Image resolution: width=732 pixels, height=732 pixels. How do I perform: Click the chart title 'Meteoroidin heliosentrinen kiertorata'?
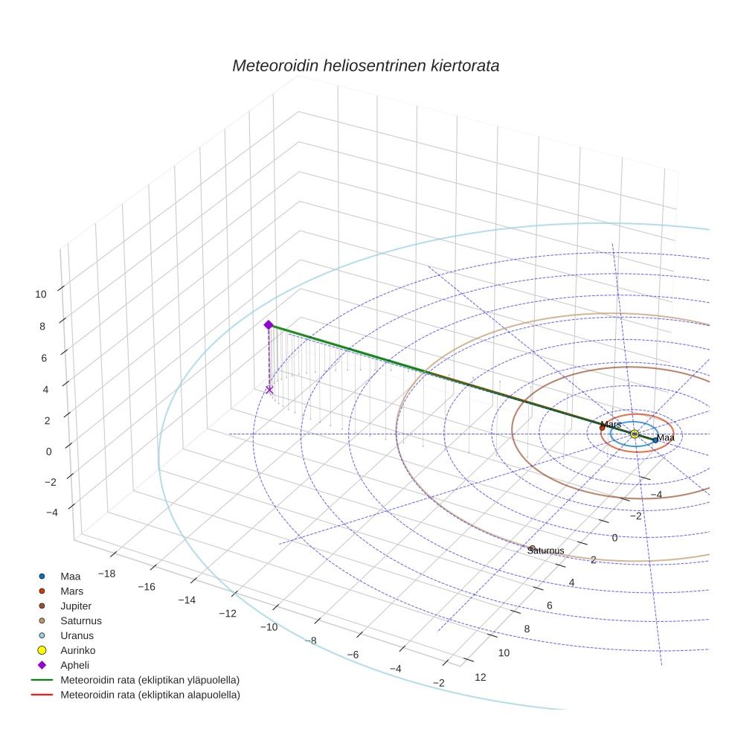click(x=365, y=65)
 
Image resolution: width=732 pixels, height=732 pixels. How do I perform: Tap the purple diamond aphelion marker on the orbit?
click(x=269, y=325)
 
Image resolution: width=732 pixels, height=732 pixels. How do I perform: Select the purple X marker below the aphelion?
click(x=269, y=390)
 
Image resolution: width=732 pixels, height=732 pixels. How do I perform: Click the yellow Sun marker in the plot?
click(x=634, y=434)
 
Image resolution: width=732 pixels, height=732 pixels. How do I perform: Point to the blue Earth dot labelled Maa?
click(x=655, y=440)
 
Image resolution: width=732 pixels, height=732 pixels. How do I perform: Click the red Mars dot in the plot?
click(x=602, y=428)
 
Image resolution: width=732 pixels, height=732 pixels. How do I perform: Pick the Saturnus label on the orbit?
click(x=545, y=550)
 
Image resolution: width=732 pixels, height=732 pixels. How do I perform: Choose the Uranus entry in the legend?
click(x=77, y=636)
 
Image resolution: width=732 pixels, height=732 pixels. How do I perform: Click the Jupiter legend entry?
click(x=78, y=606)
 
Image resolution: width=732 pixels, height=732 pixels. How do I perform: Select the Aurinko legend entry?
click(x=78, y=651)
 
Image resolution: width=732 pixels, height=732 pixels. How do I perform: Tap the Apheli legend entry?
click(x=74, y=666)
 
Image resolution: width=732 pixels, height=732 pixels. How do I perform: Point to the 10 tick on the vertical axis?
click(x=40, y=294)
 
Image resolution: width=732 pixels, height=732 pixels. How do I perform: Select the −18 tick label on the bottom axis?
click(x=106, y=574)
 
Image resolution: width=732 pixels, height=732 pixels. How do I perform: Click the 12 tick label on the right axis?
click(x=480, y=677)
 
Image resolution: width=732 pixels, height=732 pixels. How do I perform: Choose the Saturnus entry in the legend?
click(x=80, y=621)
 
